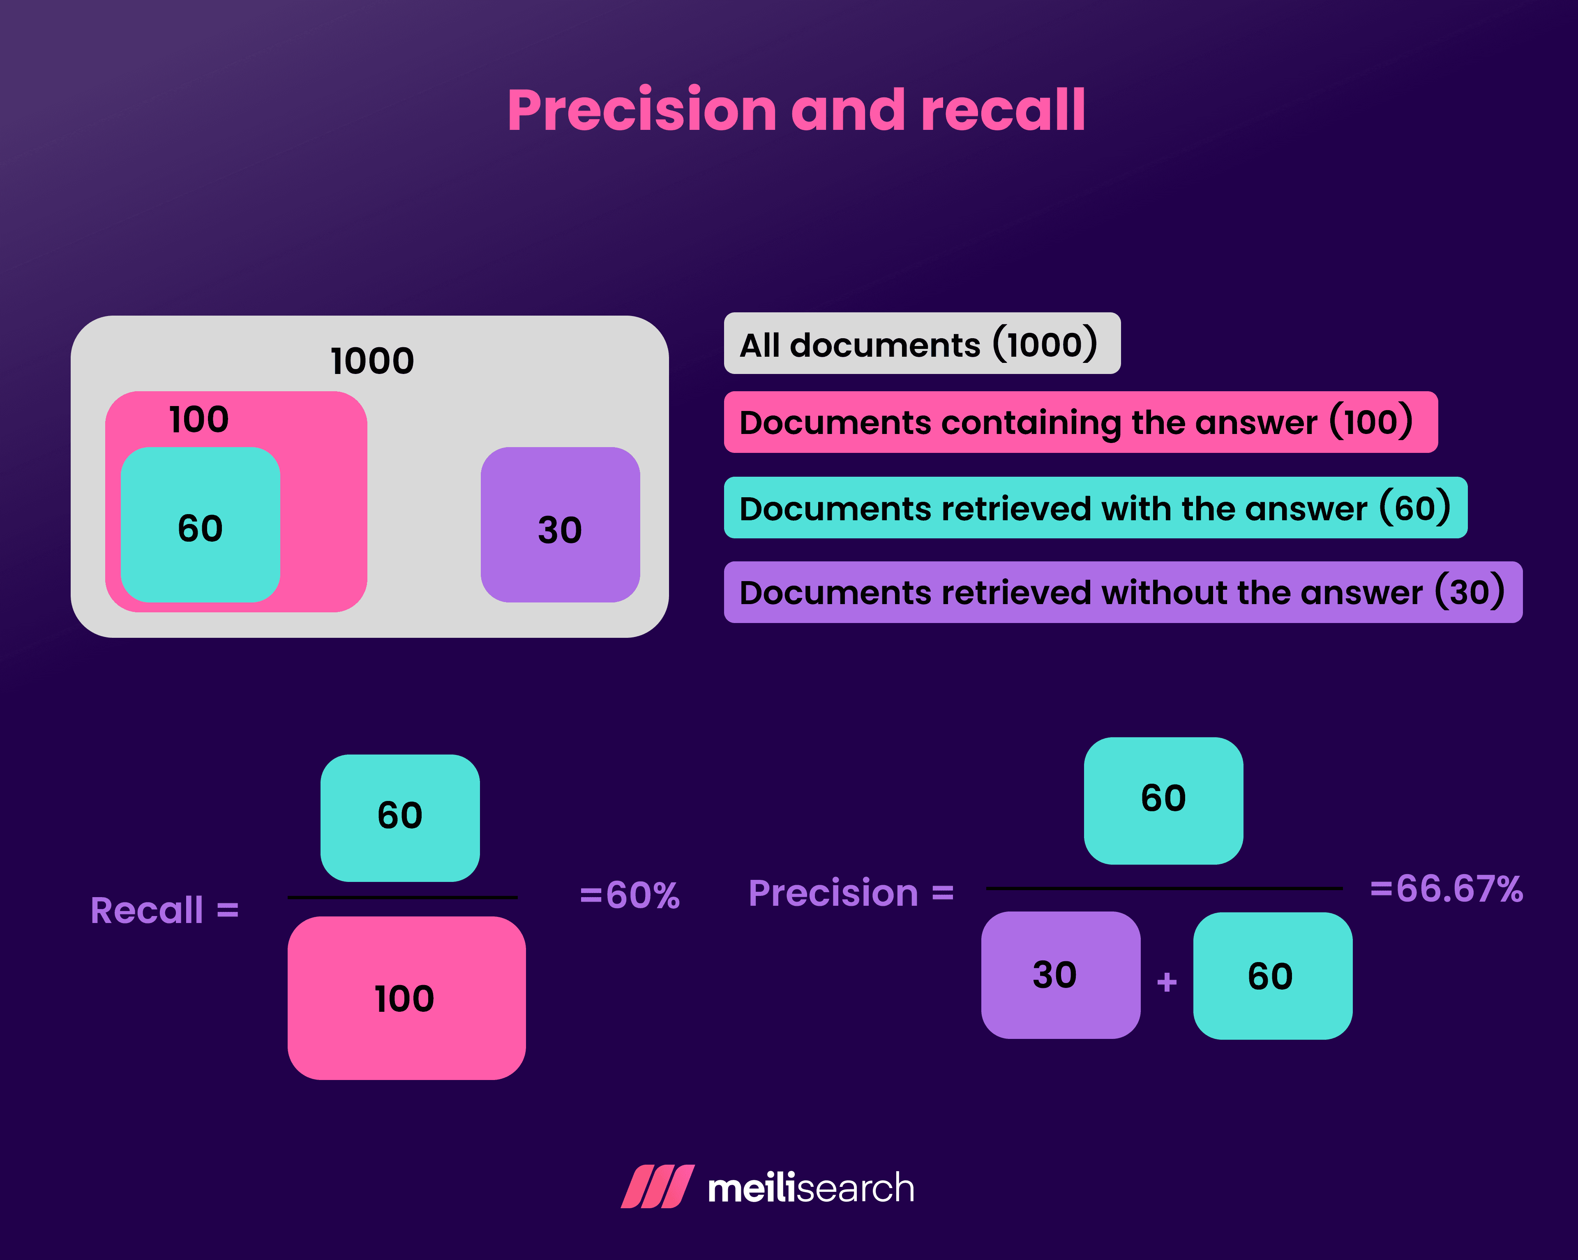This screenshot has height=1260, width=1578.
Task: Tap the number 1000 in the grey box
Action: (x=372, y=361)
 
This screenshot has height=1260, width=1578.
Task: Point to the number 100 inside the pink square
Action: (x=199, y=420)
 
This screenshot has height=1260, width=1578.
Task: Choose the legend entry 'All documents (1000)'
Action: (x=921, y=344)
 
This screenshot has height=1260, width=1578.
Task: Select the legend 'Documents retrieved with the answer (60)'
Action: (x=1094, y=508)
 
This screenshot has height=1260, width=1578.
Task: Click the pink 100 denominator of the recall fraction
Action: (x=406, y=998)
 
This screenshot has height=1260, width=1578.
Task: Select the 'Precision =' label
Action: (x=851, y=893)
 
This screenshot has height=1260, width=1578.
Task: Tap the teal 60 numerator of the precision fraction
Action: (x=1163, y=800)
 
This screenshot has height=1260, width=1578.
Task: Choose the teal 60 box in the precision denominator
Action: (x=1272, y=976)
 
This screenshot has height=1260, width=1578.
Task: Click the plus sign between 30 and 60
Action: (x=1167, y=982)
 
